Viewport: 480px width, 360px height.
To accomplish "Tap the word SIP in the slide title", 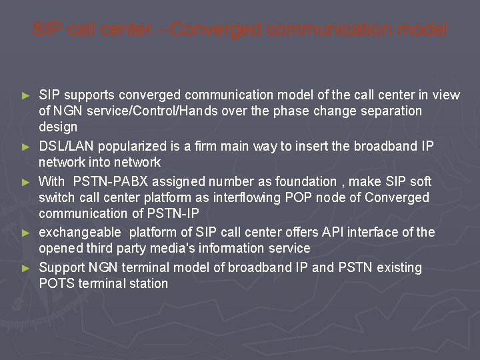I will click(45, 30).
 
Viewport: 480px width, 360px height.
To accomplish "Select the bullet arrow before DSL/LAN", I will click(26, 146).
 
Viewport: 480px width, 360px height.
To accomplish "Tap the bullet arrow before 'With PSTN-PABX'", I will click(26, 182).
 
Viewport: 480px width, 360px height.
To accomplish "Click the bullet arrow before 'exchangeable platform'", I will click(26, 233).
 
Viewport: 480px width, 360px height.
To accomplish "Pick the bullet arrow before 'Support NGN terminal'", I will click(26, 268).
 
